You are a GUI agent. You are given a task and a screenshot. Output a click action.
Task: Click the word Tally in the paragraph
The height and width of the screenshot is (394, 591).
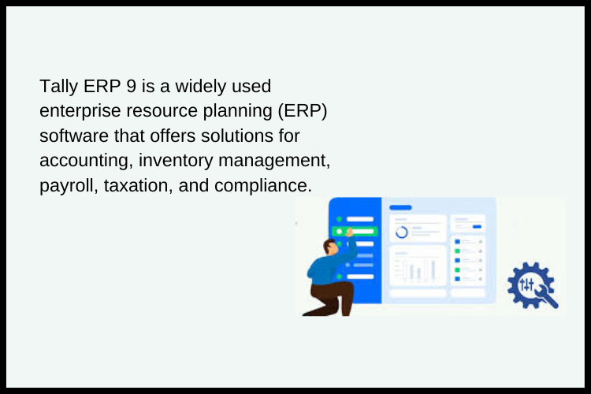coord(58,85)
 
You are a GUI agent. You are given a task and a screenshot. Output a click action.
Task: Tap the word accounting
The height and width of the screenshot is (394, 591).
coord(85,161)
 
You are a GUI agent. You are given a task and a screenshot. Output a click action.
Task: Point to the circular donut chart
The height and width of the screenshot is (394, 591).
coord(402,232)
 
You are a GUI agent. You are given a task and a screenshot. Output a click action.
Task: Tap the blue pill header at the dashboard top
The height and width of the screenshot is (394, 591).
coord(400,207)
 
